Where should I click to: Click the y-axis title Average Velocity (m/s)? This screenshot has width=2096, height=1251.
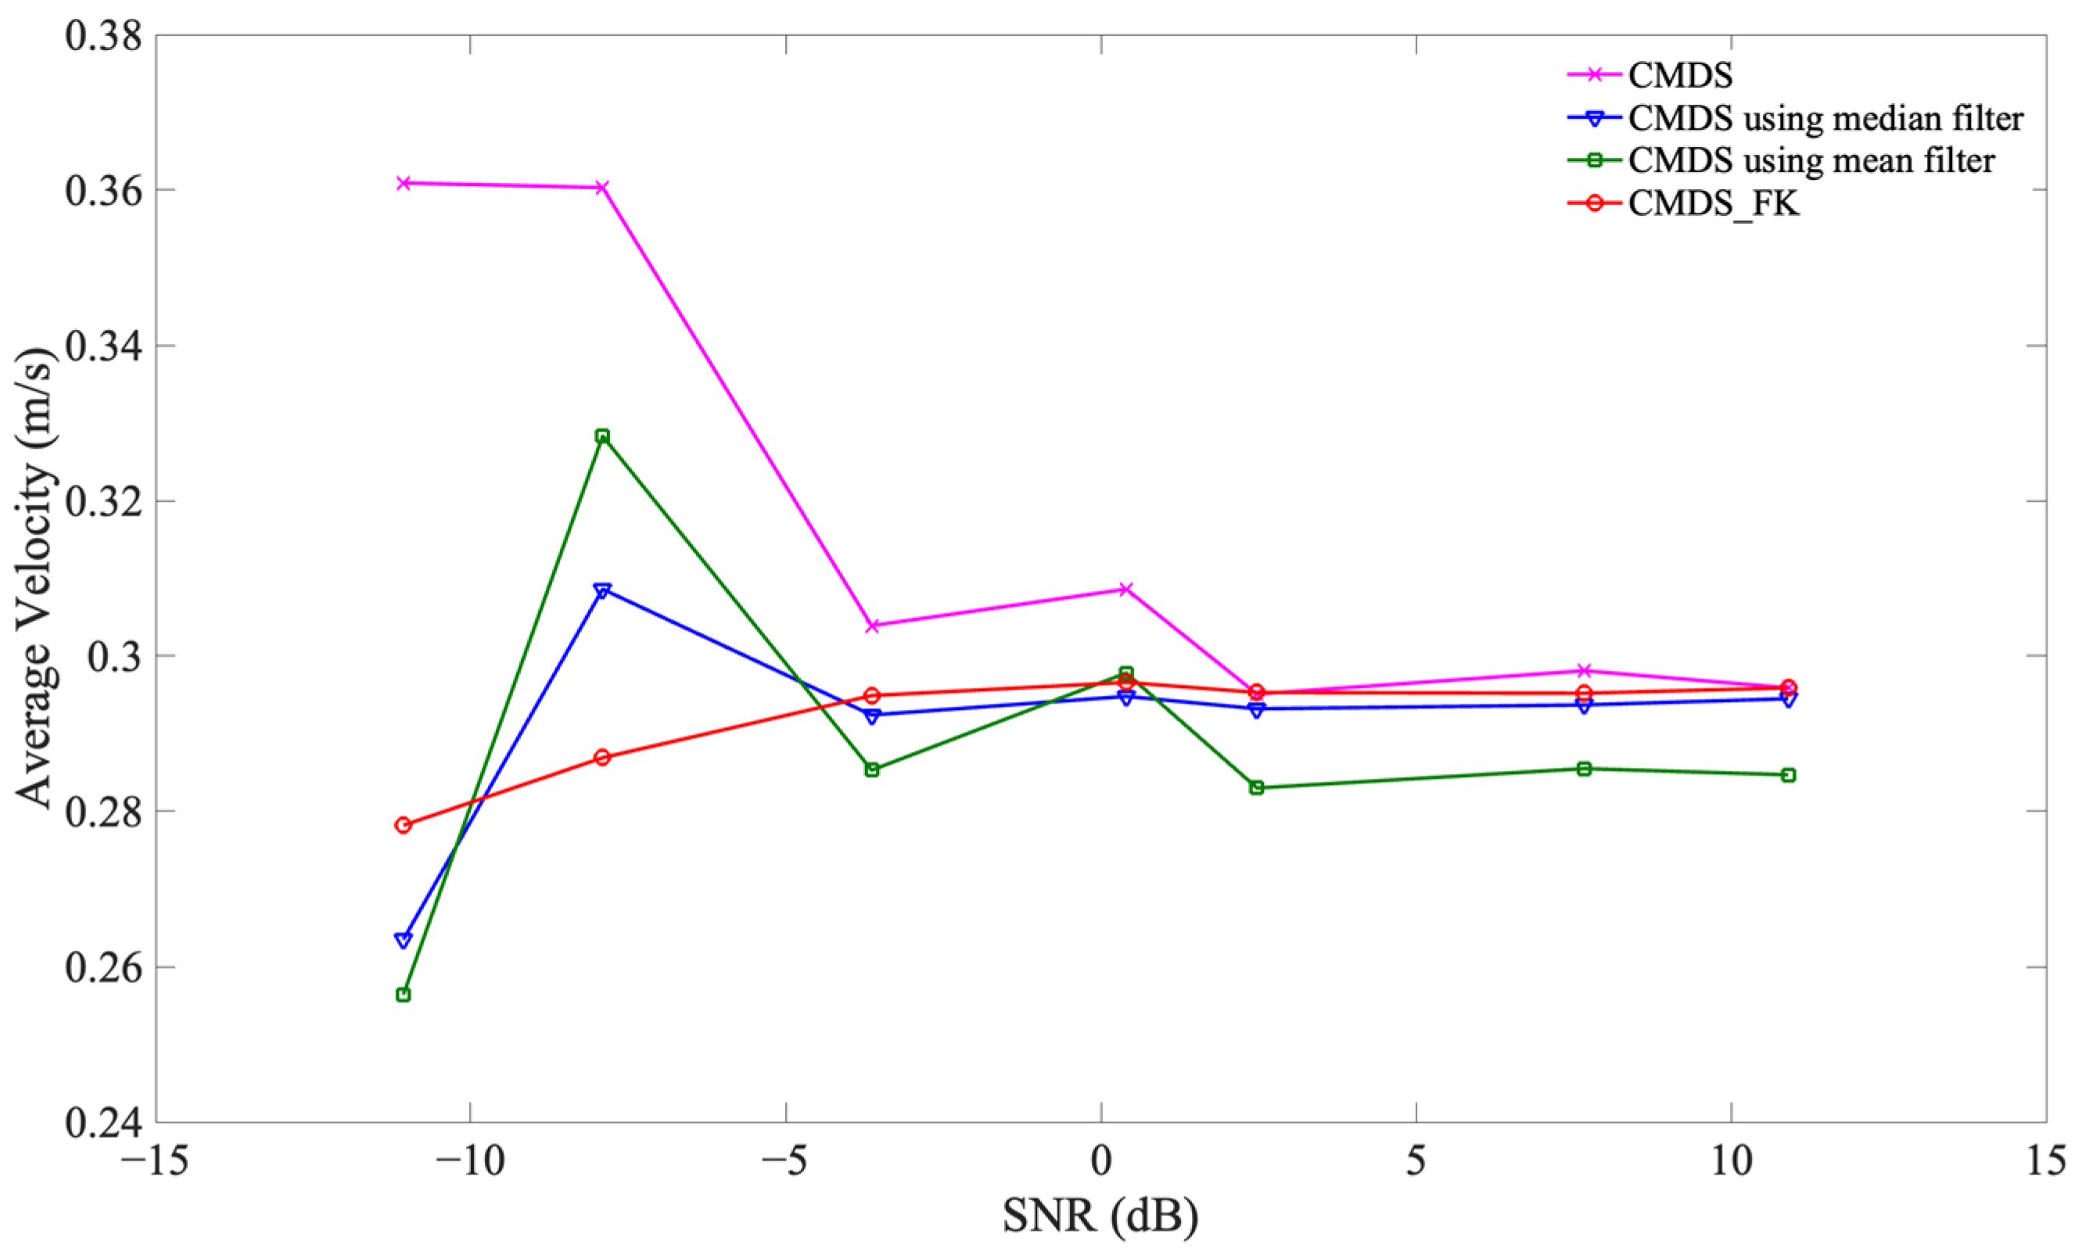coord(35,579)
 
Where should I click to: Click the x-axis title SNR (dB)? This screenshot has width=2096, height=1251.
coord(1100,1216)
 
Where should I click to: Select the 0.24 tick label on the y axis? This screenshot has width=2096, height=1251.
coord(101,1123)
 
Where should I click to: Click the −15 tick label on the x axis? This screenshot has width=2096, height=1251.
coord(155,1162)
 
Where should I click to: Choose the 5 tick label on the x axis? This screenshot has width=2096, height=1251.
coord(1416,1162)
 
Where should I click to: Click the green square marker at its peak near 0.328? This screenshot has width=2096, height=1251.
coord(602,436)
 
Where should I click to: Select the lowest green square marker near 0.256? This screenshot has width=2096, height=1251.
coord(403,995)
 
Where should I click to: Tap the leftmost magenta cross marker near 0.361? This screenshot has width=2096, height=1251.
coord(403,183)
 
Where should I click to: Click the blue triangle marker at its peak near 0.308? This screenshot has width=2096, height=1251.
coord(602,590)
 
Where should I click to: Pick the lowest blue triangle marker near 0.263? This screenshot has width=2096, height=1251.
coord(403,940)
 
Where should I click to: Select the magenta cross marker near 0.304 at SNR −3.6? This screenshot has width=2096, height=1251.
coord(873,625)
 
